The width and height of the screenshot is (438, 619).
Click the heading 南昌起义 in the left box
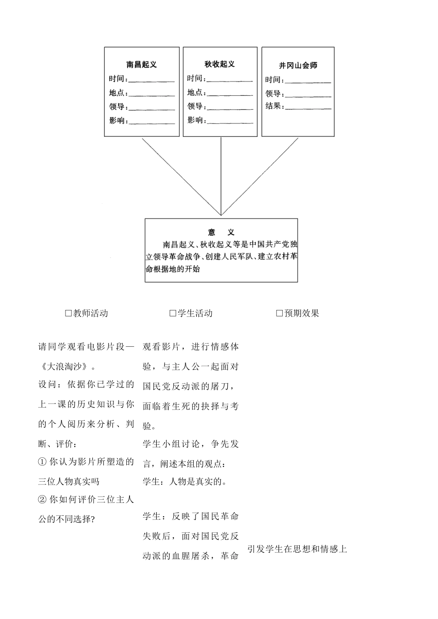point(142,65)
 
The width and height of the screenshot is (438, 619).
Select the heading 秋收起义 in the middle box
point(219,64)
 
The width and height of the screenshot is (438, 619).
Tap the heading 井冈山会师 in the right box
point(298,65)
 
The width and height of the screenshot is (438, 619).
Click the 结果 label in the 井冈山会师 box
point(273,106)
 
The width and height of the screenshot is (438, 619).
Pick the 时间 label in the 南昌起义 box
point(117,79)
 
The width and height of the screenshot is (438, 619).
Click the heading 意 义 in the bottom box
point(221,232)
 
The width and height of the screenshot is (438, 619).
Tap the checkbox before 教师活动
point(69,313)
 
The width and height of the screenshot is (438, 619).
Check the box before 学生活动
point(173,313)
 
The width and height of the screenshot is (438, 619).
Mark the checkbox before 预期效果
point(279,313)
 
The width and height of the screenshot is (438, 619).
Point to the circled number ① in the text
point(42,462)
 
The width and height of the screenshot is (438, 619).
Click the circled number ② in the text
point(42,500)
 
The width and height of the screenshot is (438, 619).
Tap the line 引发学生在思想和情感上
point(297,549)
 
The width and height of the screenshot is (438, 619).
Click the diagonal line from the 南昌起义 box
point(182,176)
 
